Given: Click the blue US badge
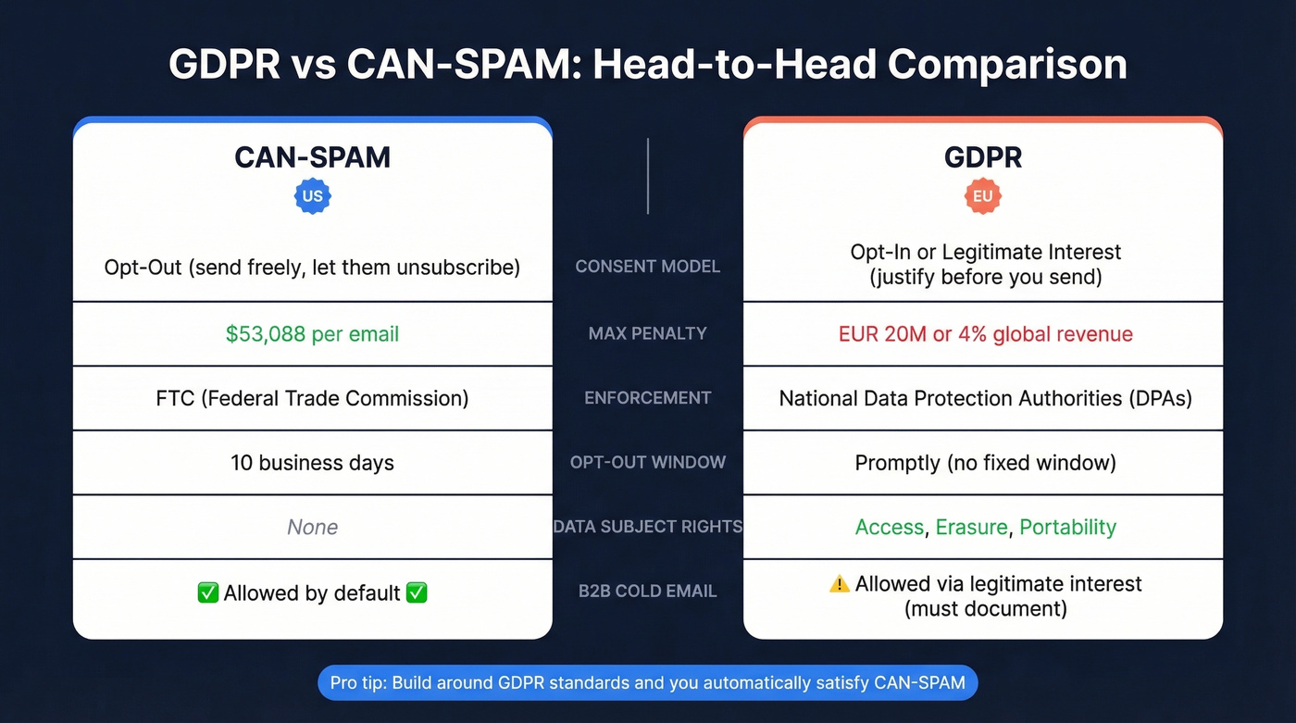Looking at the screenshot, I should point(312,196).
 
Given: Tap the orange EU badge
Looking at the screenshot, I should point(982,196).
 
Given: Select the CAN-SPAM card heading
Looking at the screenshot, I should point(312,156).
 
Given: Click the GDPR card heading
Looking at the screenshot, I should point(983,156).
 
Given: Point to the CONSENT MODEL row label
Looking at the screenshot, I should point(647,267).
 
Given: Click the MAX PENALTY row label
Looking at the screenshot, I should point(647,333).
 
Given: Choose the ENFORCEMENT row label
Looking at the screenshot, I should point(647,398).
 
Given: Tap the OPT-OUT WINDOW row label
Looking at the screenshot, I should point(647,462).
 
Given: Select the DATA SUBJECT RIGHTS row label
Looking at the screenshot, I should point(647,527).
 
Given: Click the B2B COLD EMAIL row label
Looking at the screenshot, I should point(647,592).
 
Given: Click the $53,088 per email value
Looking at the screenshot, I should point(312,333).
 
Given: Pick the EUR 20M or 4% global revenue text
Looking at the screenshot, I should point(985,333).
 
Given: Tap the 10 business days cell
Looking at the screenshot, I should point(312,462).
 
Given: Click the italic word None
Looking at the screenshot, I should point(312,527).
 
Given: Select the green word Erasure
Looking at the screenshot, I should point(971,527).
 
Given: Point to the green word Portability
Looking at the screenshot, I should point(1067,527).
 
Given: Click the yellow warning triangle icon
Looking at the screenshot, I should point(839,584).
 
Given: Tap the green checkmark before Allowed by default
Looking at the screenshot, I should point(208,592).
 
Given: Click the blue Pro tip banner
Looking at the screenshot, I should point(647,683).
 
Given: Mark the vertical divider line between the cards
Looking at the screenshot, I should point(648,176).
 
